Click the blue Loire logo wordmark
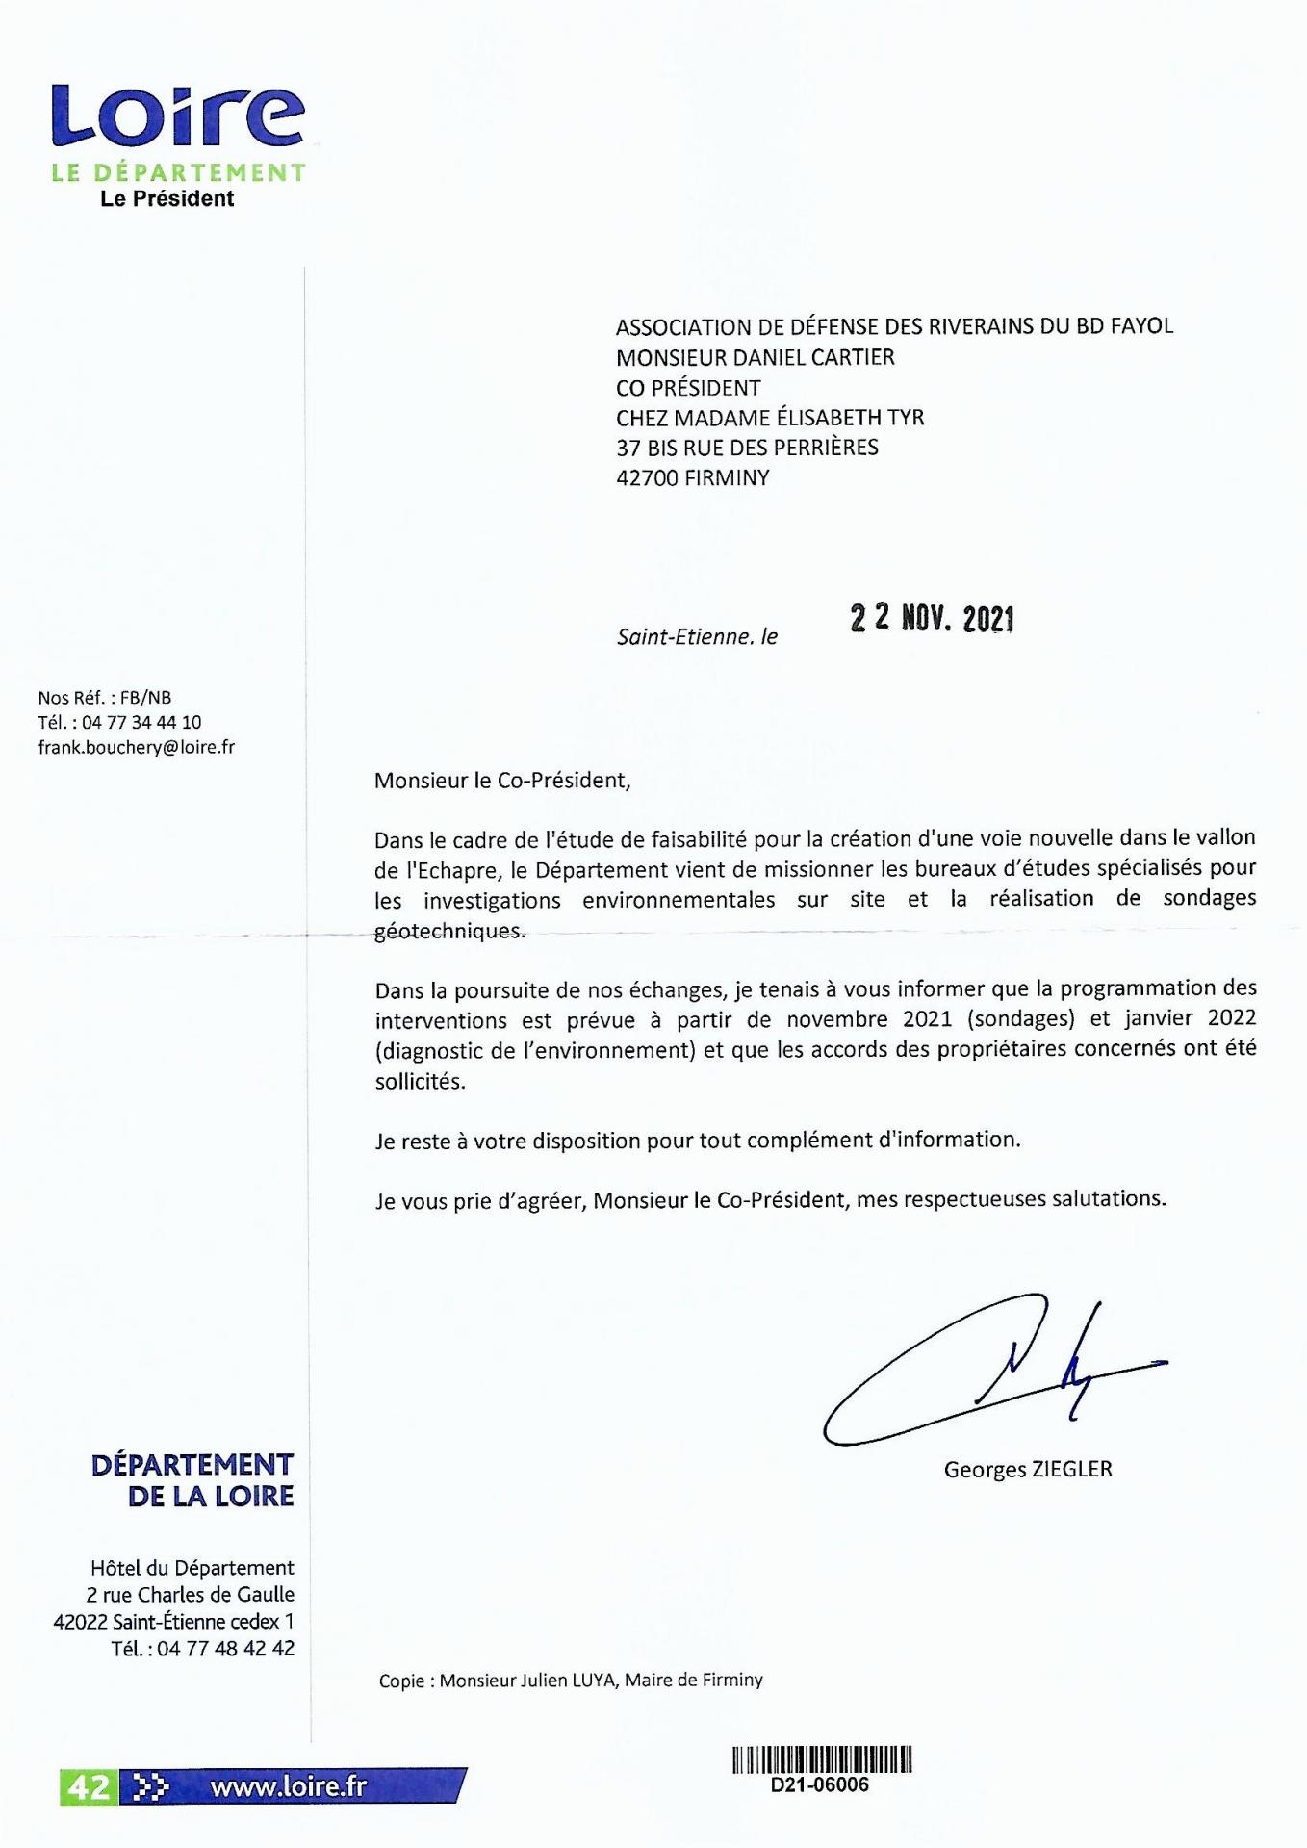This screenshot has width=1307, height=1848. (x=178, y=116)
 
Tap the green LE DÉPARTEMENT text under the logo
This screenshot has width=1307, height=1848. (x=178, y=173)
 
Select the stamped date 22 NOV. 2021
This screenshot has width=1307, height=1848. (x=932, y=618)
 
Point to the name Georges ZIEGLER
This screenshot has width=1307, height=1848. (x=1027, y=1469)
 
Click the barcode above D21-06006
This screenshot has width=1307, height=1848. (x=821, y=1759)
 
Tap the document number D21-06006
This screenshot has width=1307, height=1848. (x=821, y=1784)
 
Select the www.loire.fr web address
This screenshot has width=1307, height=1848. (x=289, y=1786)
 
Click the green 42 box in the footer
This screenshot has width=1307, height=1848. (x=89, y=1787)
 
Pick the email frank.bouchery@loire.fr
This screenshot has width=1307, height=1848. (x=137, y=747)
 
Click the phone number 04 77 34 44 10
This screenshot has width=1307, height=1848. (x=141, y=722)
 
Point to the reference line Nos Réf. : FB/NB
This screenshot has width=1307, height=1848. (x=105, y=697)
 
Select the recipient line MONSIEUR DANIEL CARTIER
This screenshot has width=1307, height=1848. (x=755, y=357)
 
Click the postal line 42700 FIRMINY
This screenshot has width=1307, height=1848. (x=692, y=477)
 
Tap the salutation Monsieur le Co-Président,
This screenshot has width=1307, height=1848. (x=502, y=780)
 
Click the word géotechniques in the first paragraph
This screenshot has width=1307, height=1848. (x=449, y=931)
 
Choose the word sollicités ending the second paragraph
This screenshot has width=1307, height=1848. (x=420, y=1080)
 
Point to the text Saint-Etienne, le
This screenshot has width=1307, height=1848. (x=697, y=636)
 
